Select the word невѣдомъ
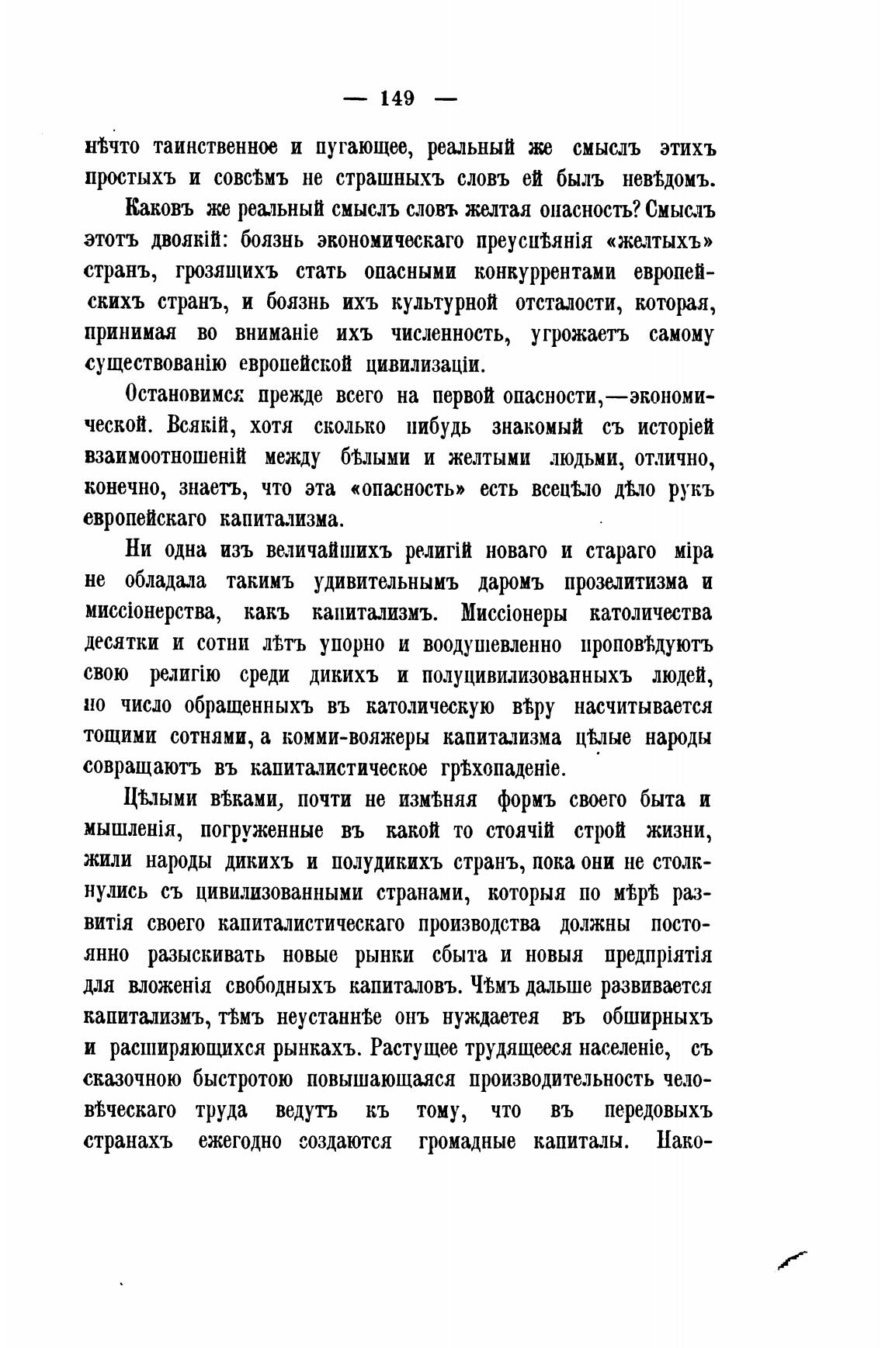click(668, 178)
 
